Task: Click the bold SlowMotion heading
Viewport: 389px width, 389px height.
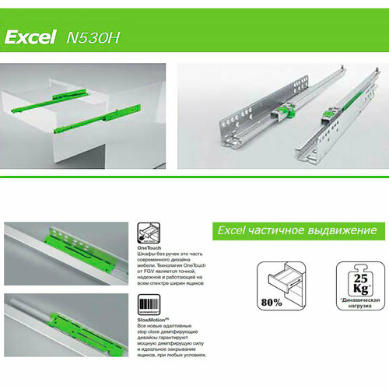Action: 152,320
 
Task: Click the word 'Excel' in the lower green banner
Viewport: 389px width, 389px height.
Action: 230,231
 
